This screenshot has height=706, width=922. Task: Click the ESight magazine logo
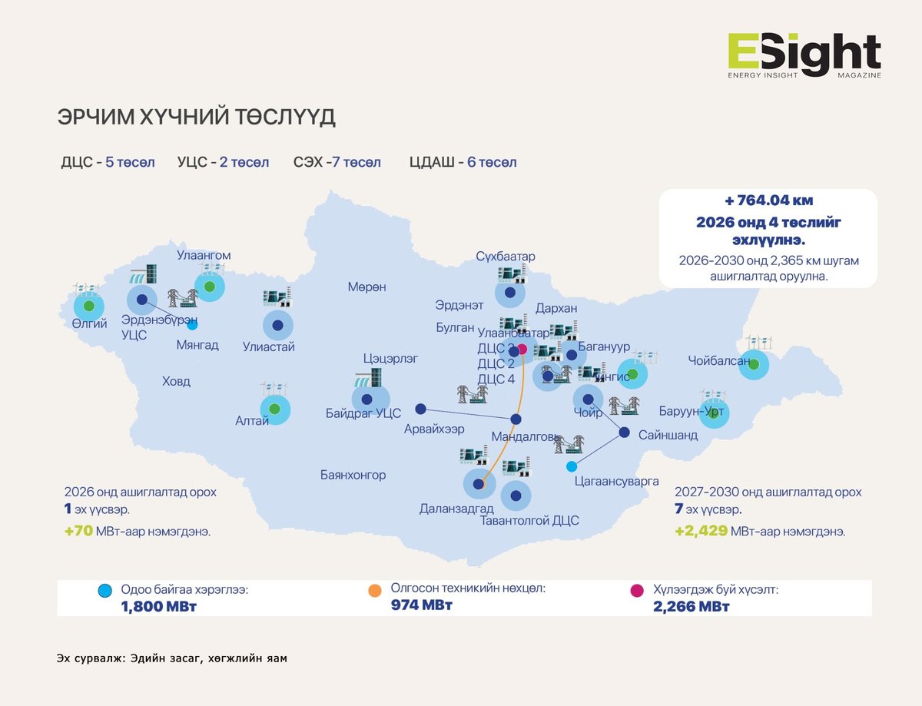(x=804, y=55)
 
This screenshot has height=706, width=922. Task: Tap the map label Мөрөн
(x=366, y=287)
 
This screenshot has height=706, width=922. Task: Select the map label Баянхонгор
(x=353, y=475)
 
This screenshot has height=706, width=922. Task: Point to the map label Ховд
(x=176, y=381)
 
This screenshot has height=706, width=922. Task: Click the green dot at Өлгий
(x=88, y=307)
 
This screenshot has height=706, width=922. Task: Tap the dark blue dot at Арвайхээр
(x=420, y=409)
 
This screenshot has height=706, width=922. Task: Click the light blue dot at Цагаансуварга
(x=571, y=466)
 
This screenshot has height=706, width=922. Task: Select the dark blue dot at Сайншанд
(x=625, y=432)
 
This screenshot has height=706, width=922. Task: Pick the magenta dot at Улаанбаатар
(x=522, y=349)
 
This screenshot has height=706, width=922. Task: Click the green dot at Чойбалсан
(x=754, y=364)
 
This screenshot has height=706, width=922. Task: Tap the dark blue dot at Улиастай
(x=277, y=326)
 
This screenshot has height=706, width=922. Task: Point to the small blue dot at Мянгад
(x=192, y=326)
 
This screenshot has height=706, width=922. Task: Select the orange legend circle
(x=375, y=591)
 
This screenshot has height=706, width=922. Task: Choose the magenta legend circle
(x=636, y=591)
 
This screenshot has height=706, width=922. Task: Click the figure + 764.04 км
(x=768, y=201)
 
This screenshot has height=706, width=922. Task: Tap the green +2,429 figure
(x=701, y=531)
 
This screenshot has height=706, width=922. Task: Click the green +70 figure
(x=79, y=531)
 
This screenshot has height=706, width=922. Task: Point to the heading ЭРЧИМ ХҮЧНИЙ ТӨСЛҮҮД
(x=197, y=118)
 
